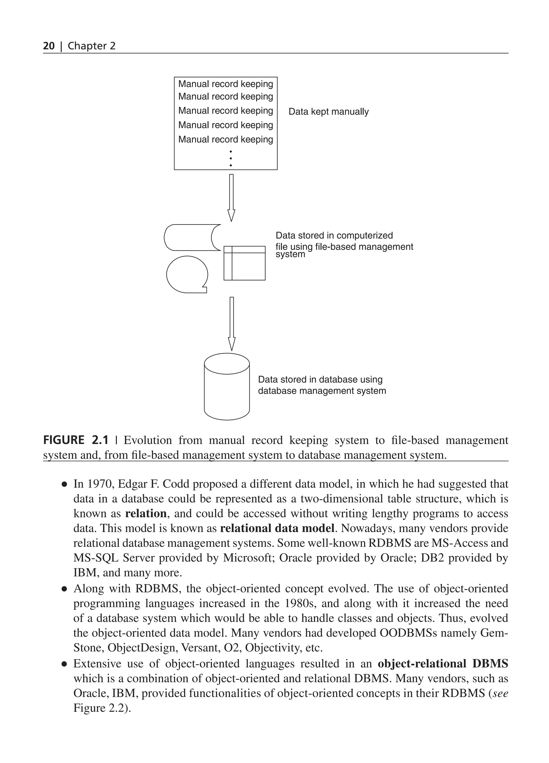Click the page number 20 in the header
(x=49, y=46)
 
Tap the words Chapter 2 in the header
(x=91, y=46)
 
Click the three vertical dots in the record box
(x=231, y=159)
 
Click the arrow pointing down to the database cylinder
(x=232, y=324)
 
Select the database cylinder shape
(x=227, y=387)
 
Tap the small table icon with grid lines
(x=244, y=263)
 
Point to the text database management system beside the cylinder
(x=322, y=391)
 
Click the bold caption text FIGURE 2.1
(x=76, y=440)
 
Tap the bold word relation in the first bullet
(x=146, y=513)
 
